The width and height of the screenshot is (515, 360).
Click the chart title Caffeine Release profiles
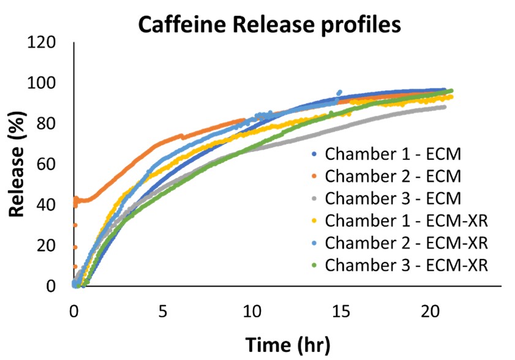(x=269, y=25)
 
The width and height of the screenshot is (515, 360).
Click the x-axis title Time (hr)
(x=288, y=345)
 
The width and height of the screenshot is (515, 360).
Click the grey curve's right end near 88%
(x=443, y=107)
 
